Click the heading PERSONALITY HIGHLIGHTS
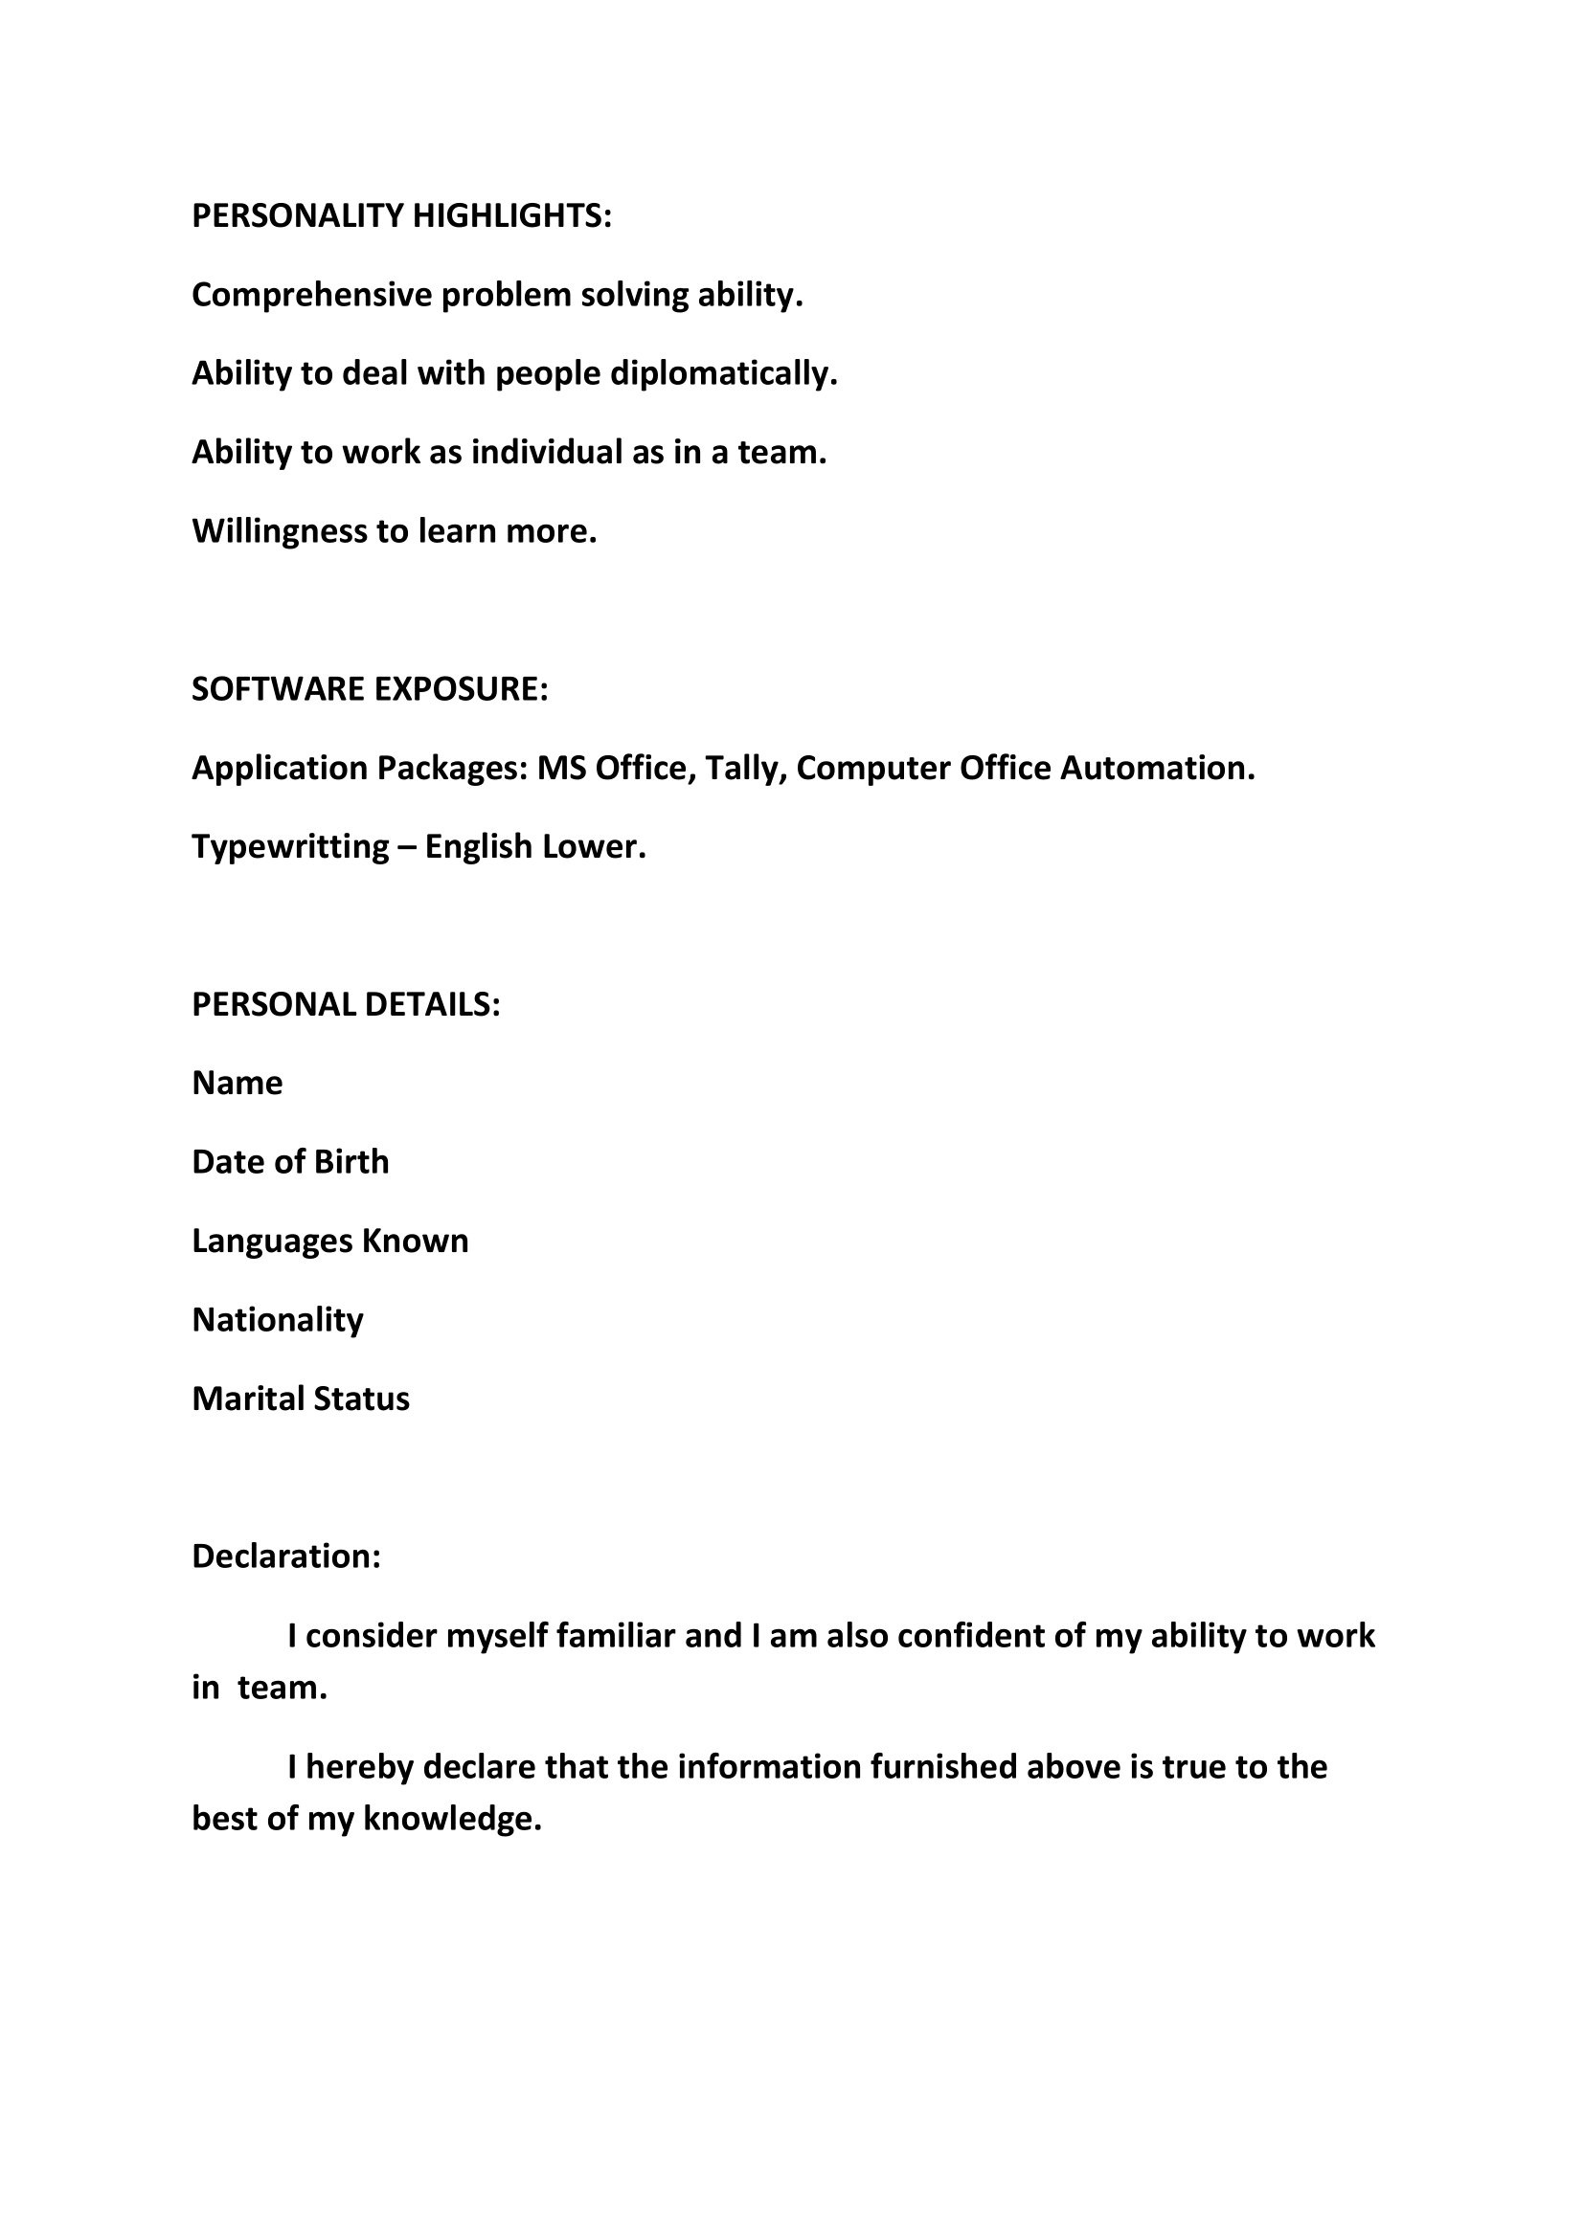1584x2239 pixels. click(401, 215)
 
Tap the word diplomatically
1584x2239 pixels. click(723, 373)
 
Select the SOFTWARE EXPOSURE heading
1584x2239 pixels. click(370, 689)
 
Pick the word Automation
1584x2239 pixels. click(1156, 769)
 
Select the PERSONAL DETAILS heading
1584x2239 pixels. click(346, 1004)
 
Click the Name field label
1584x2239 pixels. click(237, 1084)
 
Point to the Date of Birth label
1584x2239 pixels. click(289, 1162)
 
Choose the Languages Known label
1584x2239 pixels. click(329, 1242)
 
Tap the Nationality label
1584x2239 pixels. click(277, 1320)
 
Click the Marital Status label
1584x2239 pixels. click(301, 1399)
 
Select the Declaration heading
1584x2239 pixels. click(285, 1556)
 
